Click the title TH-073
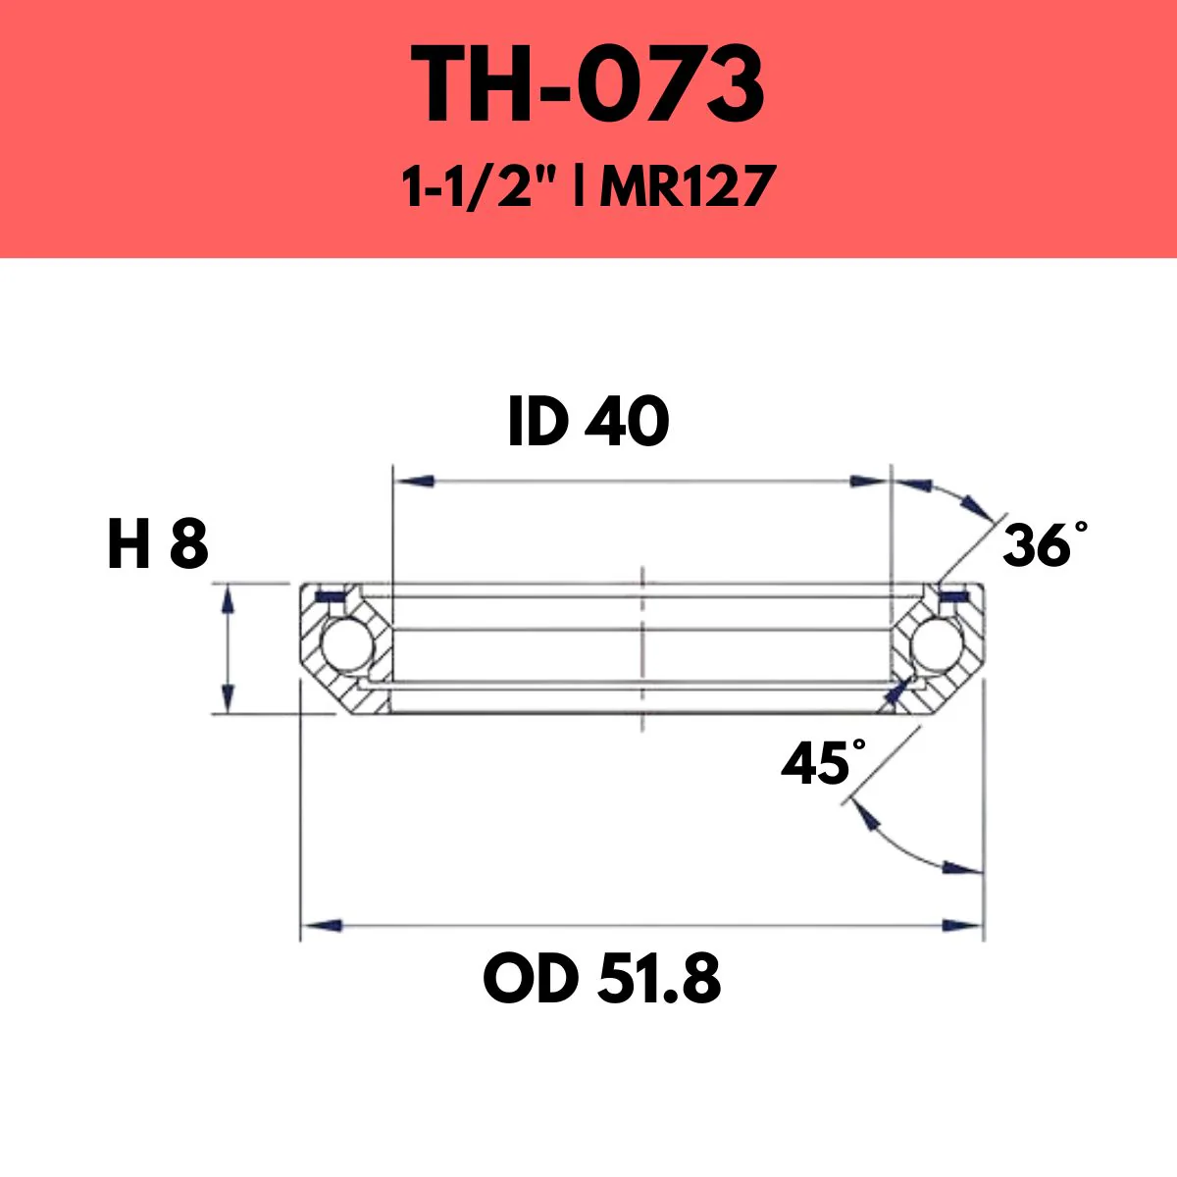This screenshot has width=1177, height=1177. [588, 85]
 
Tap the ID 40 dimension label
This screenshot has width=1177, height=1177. [588, 424]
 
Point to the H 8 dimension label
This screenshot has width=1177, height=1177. [157, 545]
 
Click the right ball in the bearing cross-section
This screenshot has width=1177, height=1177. [935, 645]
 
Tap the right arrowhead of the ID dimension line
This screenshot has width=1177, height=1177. [868, 482]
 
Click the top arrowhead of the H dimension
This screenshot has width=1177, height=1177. [228, 600]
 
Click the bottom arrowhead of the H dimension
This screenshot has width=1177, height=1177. [228, 698]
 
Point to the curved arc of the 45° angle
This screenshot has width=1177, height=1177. [893, 844]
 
